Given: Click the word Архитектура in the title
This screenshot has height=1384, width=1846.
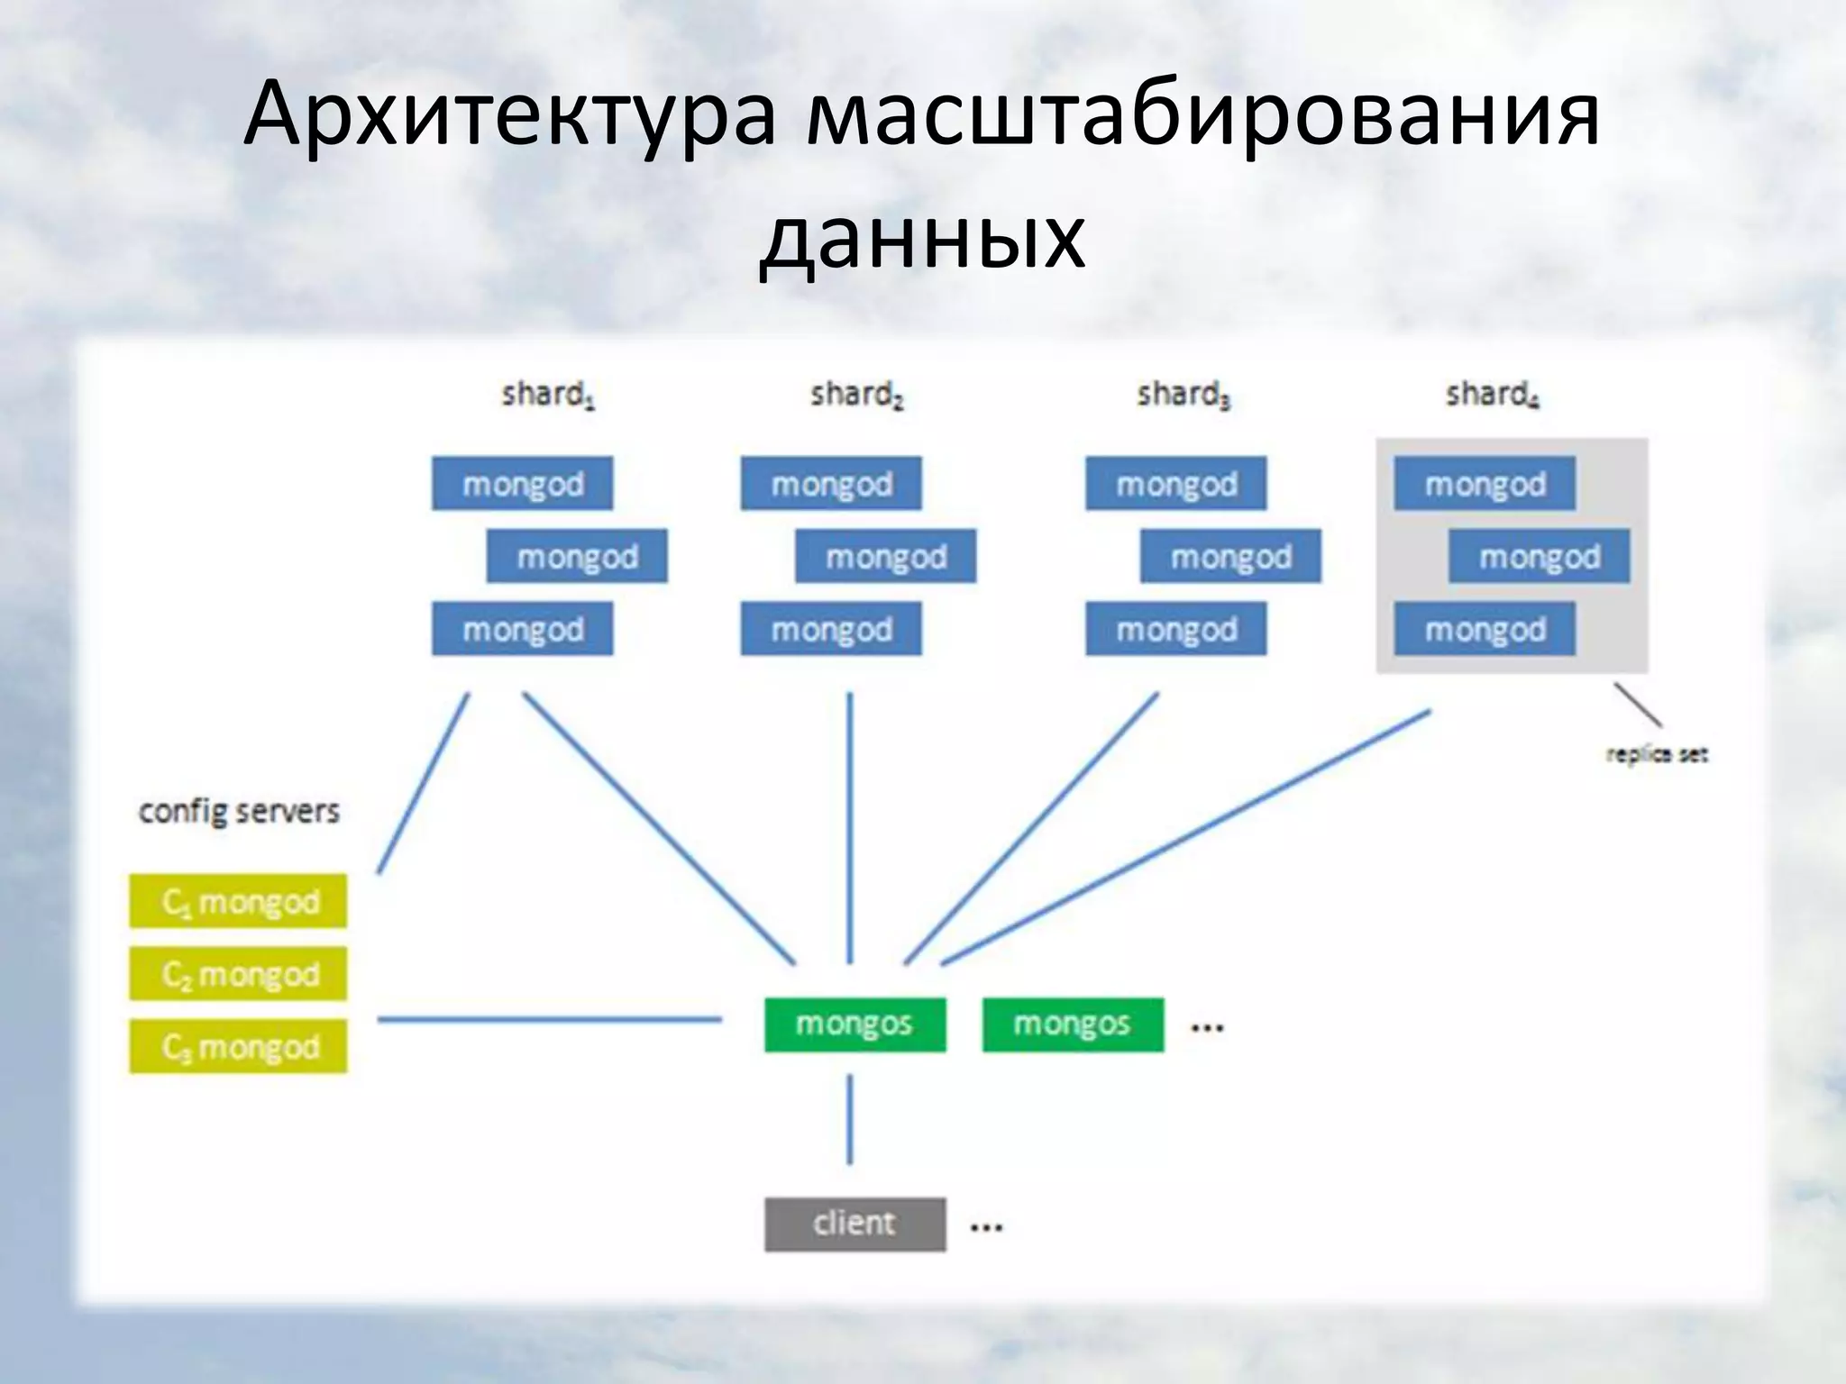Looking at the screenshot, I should tap(509, 115).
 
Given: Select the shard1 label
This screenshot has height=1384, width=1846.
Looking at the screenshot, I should tap(548, 395).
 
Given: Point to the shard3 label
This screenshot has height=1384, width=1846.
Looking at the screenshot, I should tap(1183, 395).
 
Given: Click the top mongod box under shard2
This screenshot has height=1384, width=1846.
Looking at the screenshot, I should tap(831, 484).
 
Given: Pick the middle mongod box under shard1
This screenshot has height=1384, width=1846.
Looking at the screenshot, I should tap(577, 557).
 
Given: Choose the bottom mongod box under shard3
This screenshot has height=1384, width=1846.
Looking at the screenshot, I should tap(1175, 629).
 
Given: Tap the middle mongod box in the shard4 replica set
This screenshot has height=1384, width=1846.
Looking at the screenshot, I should tap(1539, 557).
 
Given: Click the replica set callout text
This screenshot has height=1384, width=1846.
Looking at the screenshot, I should tap(1657, 754).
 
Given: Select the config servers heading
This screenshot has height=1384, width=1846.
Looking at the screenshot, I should tap(239, 812).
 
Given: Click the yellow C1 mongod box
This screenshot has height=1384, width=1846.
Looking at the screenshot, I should tap(238, 901).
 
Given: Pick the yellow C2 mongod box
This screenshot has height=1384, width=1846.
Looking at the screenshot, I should tap(238, 974).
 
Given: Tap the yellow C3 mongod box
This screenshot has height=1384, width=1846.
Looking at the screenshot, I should tap(238, 1046).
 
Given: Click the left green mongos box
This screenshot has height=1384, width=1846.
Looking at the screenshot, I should tap(854, 1024).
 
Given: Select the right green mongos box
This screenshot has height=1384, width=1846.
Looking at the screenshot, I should tap(1073, 1024).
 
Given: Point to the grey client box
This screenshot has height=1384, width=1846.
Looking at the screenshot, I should tap(854, 1224).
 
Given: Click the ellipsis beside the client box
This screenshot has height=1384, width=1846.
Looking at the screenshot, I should tap(986, 1226).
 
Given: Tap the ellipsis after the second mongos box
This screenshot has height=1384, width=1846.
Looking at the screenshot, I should tap(1207, 1027).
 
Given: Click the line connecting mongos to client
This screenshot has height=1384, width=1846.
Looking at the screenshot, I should tap(850, 1120).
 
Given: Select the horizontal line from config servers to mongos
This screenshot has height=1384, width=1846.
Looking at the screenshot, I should tap(550, 1020).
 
